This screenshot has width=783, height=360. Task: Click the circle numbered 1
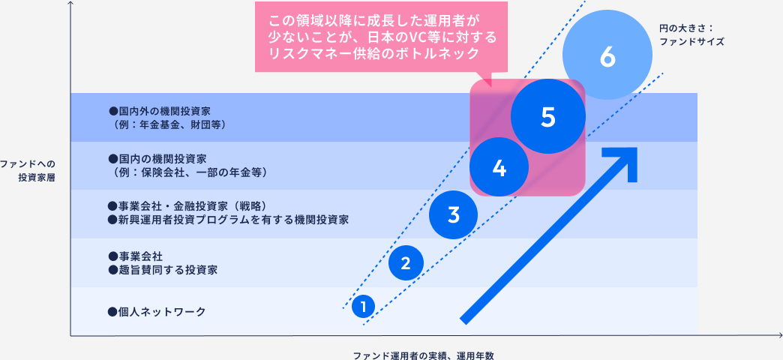[x=363, y=306]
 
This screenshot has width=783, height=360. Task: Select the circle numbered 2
[x=406, y=262]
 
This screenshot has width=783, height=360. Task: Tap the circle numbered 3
[x=453, y=215]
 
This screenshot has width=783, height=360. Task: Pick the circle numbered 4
[x=499, y=168]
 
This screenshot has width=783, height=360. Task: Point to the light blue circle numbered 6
[x=607, y=57]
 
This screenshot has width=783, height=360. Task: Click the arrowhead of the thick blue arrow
[x=625, y=160]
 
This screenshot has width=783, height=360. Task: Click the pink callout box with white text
[x=381, y=36]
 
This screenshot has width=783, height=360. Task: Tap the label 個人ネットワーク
[x=157, y=311]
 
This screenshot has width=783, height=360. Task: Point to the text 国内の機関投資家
[x=162, y=159]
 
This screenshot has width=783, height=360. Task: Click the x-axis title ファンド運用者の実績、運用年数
[x=423, y=354]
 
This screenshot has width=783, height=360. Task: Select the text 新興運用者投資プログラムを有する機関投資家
[x=229, y=220]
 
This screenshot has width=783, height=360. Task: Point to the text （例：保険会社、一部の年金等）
[x=187, y=172]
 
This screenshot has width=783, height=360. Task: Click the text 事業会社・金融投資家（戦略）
[x=188, y=206]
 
